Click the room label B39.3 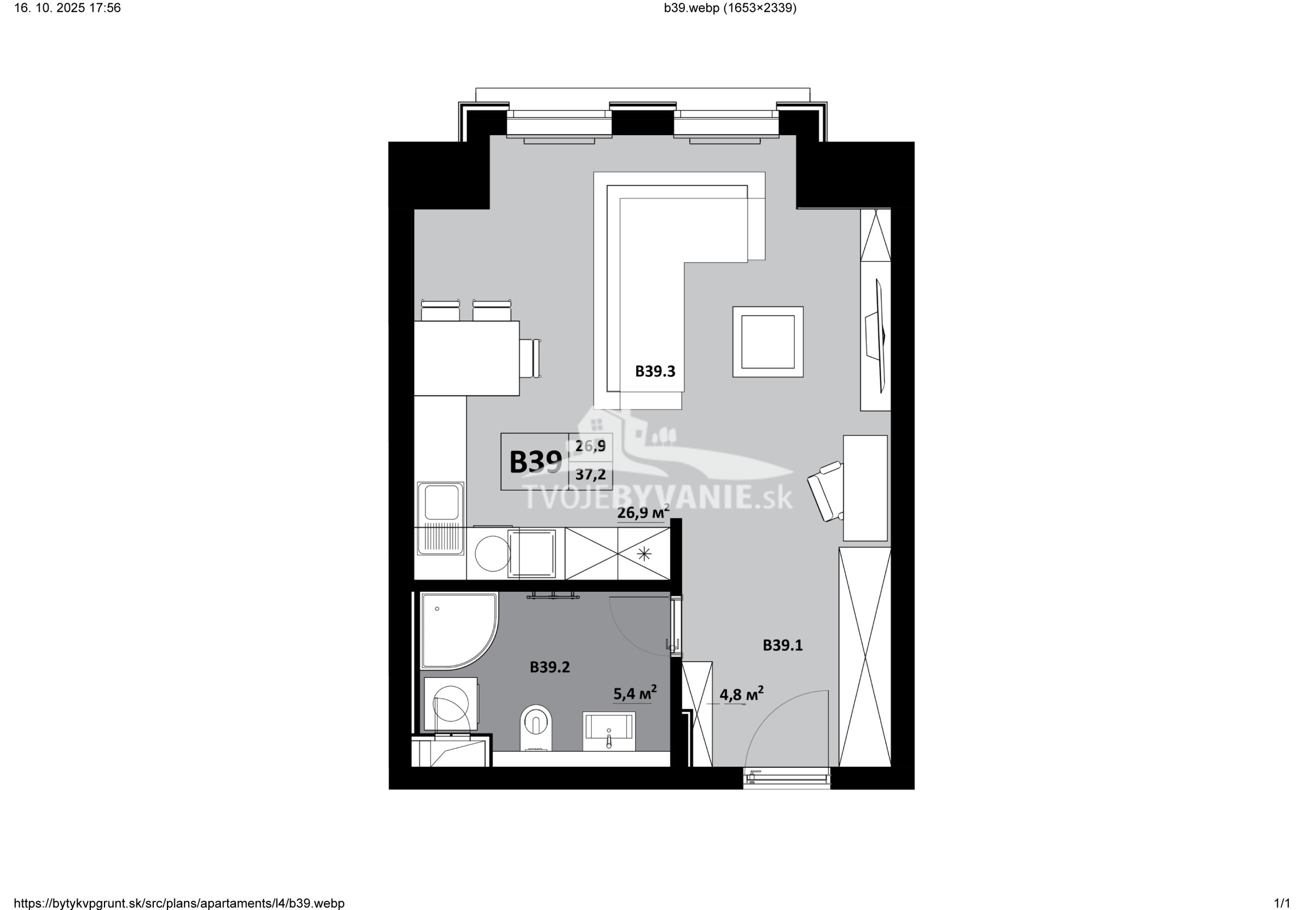tap(655, 371)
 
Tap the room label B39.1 tap(782, 645)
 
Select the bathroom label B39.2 tap(550, 667)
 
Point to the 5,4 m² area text tap(635, 693)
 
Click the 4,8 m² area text tap(741, 693)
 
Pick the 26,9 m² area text tap(643, 512)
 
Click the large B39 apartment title tap(535, 462)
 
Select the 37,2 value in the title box tap(590, 474)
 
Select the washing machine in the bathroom tap(451, 704)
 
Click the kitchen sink tap(440, 518)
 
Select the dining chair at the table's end tap(531, 358)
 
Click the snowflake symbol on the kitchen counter tap(644, 553)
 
